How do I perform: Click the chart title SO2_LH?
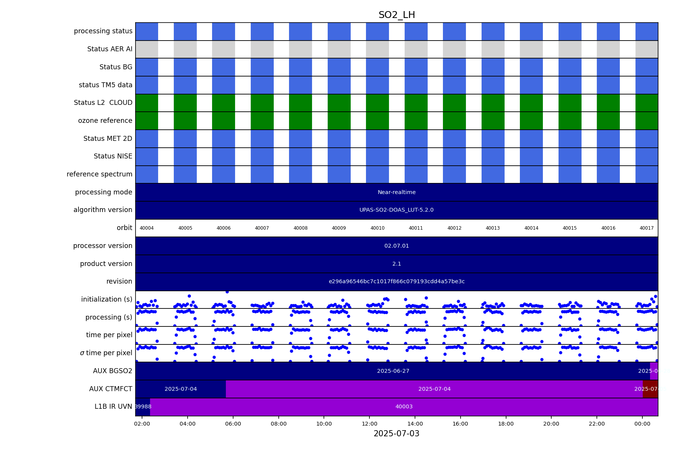pos(397,15)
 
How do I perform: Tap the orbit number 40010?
pos(377,228)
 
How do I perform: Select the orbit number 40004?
pos(147,228)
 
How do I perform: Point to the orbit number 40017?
pos(647,228)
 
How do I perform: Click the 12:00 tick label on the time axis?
pos(369,424)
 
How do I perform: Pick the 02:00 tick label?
pos(142,424)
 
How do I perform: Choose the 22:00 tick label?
pos(597,424)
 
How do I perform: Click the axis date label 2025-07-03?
pos(397,434)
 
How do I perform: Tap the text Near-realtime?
pos(397,193)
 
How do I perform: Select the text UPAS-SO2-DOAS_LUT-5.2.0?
pos(397,210)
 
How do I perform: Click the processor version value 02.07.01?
pos(397,246)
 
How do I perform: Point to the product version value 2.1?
pos(397,264)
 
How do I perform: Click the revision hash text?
pos(397,282)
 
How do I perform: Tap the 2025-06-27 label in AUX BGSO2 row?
pos(393,371)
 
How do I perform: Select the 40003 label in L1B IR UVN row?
pos(404,407)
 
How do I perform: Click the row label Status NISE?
pos(113,157)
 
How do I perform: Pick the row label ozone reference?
pos(105,121)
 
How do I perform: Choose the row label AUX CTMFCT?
pos(111,389)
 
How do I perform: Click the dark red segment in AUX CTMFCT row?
pos(650,389)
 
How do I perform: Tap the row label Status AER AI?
pos(110,49)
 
